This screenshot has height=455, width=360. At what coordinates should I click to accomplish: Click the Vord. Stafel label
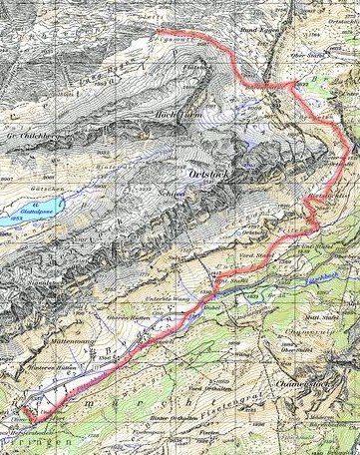point(255,254)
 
